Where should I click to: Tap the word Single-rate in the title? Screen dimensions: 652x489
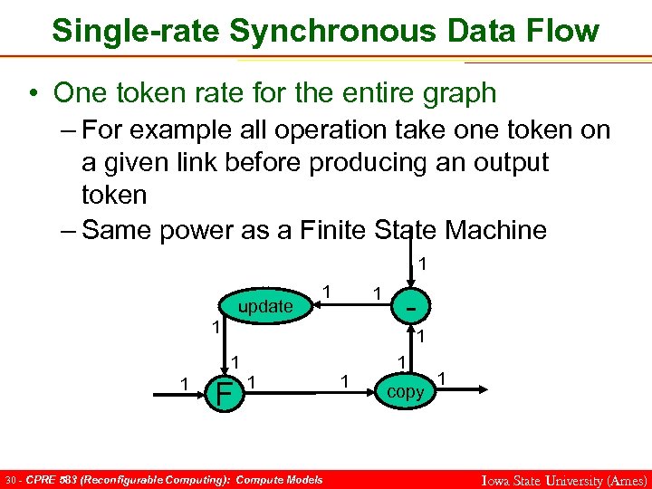click(x=135, y=31)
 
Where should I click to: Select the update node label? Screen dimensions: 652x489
click(x=264, y=307)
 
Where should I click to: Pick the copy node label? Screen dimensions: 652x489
click(x=405, y=392)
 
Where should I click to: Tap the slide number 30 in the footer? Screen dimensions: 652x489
click(x=10, y=479)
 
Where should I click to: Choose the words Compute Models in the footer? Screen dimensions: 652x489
click(x=278, y=479)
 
